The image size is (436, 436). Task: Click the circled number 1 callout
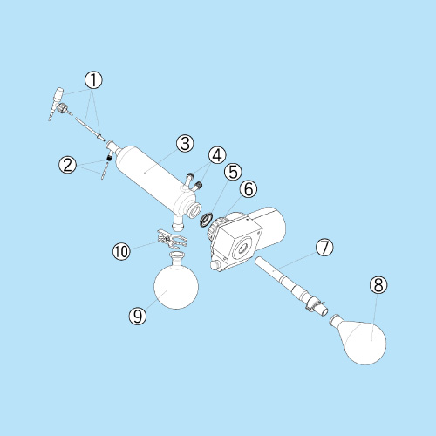pos(93,80)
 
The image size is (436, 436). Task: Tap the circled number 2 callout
pos(67,165)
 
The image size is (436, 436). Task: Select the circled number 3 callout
pos(185,143)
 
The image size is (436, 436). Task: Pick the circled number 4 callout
pos(217,155)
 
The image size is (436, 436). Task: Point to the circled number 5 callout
pos(233,172)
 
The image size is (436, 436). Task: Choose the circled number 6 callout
pos(249,189)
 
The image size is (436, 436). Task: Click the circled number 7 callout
pos(324,248)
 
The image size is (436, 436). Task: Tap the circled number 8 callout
pos(378,285)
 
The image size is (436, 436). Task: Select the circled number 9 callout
pos(138,316)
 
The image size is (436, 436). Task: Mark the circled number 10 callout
pos(121,251)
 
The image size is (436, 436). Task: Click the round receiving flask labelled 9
pos(176,286)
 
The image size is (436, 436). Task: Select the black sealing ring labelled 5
pos(207,220)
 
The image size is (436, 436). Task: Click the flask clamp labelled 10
pos(172,239)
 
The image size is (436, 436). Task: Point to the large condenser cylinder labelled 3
pos(154,178)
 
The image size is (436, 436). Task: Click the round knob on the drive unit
pos(215,265)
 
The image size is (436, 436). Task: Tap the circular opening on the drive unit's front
pos(242,248)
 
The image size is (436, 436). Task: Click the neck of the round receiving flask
pos(177,257)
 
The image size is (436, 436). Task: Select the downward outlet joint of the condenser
pos(178,221)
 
